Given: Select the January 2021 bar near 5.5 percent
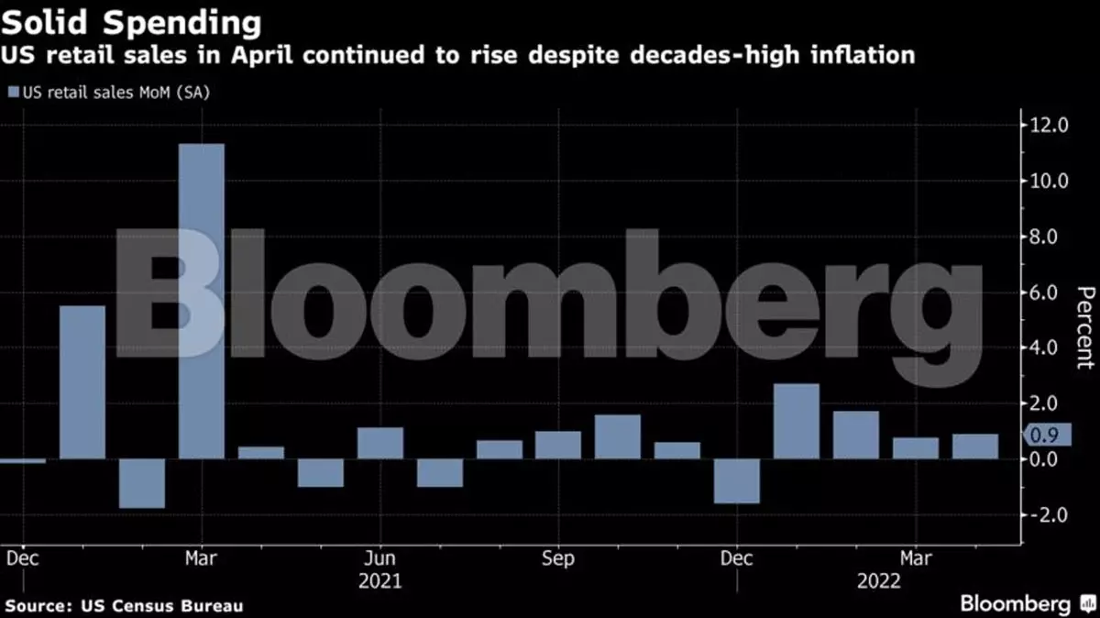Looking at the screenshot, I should (x=82, y=381).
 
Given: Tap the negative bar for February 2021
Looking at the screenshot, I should (x=142, y=483).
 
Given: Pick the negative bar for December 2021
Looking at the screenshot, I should (x=737, y=480).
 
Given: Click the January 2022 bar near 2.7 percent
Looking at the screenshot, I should (x=797, y=421).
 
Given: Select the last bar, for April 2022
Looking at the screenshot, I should (x=974, y=447).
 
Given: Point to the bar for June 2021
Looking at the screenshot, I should (x=380, y=443).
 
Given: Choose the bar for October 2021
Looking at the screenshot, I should (x=618, y=436).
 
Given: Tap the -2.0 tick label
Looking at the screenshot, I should (x=1045, y=515).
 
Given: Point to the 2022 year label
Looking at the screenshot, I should (x=878, y=581).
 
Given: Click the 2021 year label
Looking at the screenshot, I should (x=379, y=581).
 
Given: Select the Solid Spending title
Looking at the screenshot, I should (x=130, y=21).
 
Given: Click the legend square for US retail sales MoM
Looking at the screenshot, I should (x=12, y=92).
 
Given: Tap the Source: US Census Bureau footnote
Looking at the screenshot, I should (x=125, y=606).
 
